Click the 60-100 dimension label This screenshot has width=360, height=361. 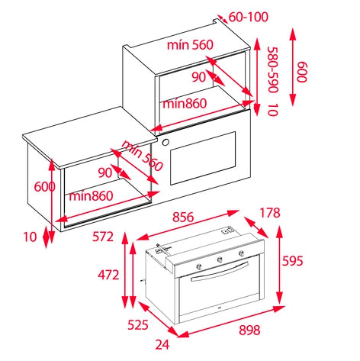pyautogui.click(x=249, y=17)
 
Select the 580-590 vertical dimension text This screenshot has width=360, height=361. pyautogui.click(x=273, y=69)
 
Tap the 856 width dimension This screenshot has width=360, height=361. pyautogui.click(x=183, y=217)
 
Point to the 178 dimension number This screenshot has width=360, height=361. pyautogui.click(x=270, y=212)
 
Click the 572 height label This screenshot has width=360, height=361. pyautogui.click(x=103, y=237)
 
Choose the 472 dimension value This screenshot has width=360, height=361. pyautogui.click(x=108, y=275)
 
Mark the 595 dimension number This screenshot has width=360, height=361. pyautogui.click(x=293, y=261)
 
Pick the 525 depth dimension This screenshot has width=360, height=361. pyautogui.click(x=138, y=325)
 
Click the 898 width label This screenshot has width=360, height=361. pyautogui.click(x=249, y=330)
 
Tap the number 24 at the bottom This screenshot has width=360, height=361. pyautogui.click(x=162, y=345)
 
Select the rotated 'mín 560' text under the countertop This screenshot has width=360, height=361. pyautogui.click(x=143, y=156)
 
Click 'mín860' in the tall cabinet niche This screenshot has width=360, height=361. pyautogui.click(x=185, y=104)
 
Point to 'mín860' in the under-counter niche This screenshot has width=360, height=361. pyautogui.click(x=91, y=196)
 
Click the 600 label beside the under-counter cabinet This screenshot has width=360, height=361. pyautogui.click(x=44, y=187)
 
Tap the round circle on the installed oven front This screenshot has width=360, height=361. pyautogui.click(x=166, y=142)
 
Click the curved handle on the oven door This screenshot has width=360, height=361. pyautogui.click(x=220, y=272)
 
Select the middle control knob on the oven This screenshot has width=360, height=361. pyautogui.click(x=220, y=259)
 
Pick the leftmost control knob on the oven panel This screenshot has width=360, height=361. pyautogui.click(x=199, y=266)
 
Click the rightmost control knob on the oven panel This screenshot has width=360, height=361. pyautogui.click(x=240, y=253)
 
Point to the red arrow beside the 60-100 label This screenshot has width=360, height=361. pyautogui.click(x=222, y=18)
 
